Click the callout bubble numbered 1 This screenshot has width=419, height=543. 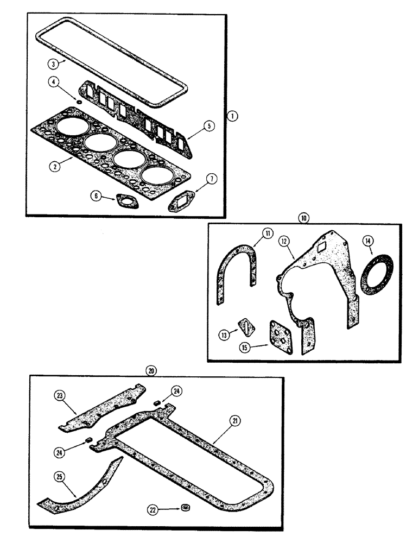pyautogui.click(x=232, y=116)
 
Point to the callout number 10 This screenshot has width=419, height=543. pyautogui.click(x=303, y=217)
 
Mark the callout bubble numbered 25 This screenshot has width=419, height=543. pyautogui.click(x=60, y=476)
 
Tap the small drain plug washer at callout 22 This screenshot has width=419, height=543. pyautogui.click(x=187, y=508)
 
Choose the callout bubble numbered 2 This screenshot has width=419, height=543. pyautogui.click(x=53, y=167)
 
